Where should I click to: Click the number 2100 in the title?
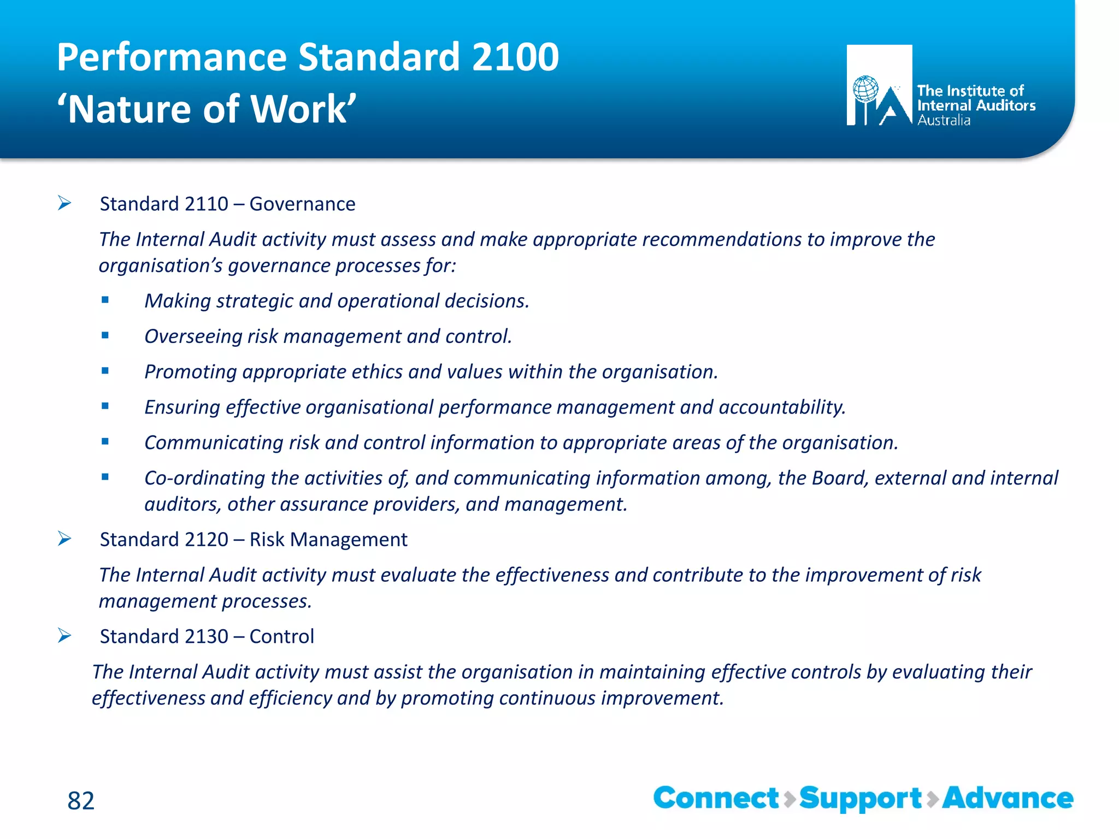515,57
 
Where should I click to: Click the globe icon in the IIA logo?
865,89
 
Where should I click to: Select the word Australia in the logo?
944,120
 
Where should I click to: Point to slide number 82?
81,801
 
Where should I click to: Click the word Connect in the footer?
716,798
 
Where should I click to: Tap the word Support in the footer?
861,799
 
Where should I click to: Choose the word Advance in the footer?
1008,798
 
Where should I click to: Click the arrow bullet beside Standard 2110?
64,204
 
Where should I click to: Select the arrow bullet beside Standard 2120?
64,539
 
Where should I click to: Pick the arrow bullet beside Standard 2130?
64,636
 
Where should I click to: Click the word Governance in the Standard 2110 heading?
302,204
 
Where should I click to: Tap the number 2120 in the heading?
207,540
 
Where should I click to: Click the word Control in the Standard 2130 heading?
281,636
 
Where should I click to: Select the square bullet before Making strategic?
105,300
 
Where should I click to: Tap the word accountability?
782,407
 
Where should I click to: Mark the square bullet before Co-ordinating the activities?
105,477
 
